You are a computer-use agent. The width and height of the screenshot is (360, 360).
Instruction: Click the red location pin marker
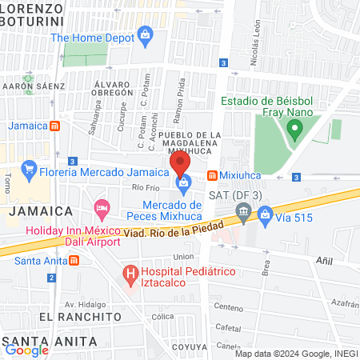point(180,165)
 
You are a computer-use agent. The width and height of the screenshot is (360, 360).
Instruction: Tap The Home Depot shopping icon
point(145,34)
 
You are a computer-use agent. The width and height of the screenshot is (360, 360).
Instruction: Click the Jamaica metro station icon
point(54,126)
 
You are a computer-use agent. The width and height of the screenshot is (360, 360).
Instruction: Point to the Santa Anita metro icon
point(74,260)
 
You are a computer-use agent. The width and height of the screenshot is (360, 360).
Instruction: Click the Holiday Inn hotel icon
point(102,209)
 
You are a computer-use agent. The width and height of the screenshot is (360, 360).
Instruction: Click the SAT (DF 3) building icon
point(242,212)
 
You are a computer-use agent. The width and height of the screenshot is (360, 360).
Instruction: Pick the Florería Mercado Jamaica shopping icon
point(29,169)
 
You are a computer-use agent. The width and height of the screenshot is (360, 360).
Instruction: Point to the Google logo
point(27,349)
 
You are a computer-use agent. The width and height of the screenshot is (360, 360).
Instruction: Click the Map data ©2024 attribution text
point(296,353)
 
